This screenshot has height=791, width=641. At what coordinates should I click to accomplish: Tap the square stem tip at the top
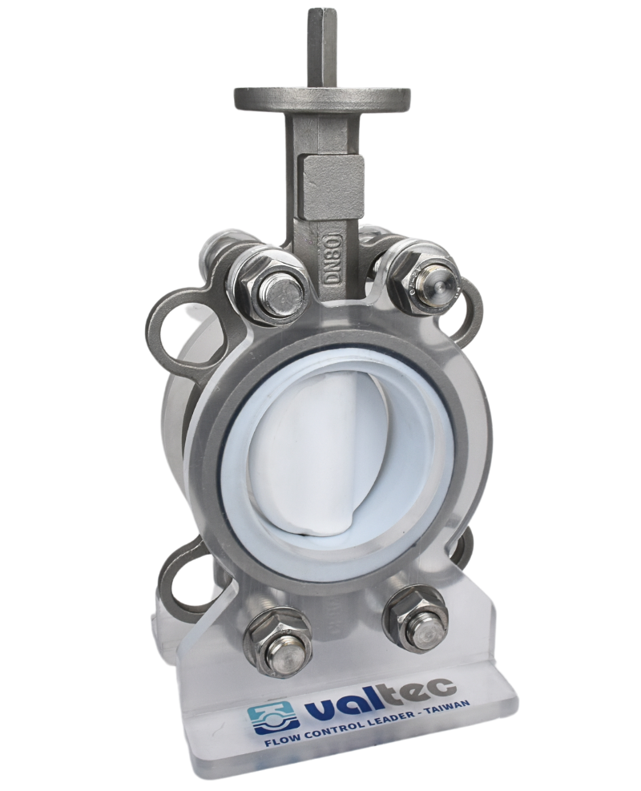click(x=320, y=40)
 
